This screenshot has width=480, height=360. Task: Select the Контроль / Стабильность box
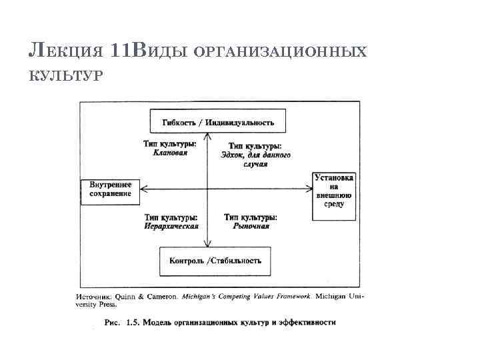(x=215, y=261)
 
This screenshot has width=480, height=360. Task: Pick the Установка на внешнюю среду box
(x=333, y=191)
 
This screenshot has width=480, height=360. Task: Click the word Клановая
(x=170, y=153)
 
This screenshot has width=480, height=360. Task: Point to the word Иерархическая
(x=171, y=226)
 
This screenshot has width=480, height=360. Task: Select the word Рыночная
(x=251, y=226)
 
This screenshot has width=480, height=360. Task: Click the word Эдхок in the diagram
(x=233, y=155)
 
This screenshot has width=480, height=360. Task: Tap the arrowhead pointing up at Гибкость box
(x=208, y=136)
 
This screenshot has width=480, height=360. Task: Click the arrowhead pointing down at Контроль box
(x=208, y=244)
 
